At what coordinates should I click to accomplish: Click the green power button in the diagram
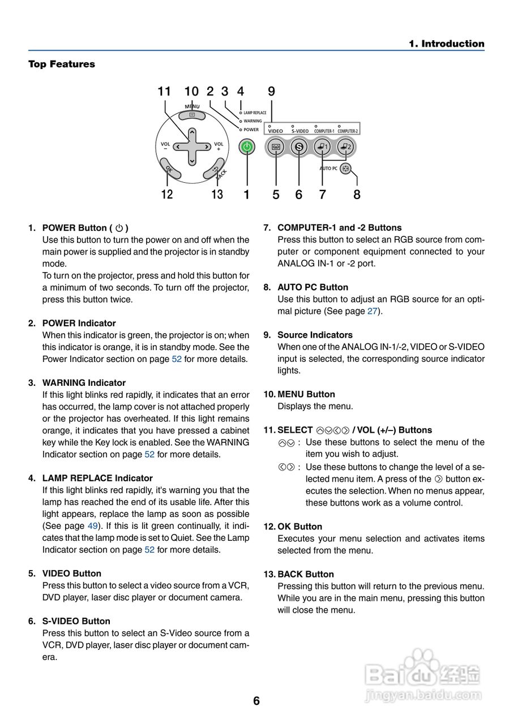pos(246,147)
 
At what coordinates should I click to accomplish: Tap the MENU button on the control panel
pos(192,115)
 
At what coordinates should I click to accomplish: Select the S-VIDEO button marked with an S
pos(299,147)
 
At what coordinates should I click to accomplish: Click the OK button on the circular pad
pos(168,169)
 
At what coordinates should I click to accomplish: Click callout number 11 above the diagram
pos(164,92)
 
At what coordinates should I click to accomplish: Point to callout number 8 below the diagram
pos(357,195)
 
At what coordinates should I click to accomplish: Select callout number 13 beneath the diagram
pos(217,195)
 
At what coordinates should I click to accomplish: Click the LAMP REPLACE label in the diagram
pos(255,113)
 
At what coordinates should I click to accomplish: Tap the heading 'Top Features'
pos(62,64)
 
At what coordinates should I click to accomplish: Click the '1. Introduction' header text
pos(447,44)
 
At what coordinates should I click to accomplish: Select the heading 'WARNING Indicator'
pos(84,383)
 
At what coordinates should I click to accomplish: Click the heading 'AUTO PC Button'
pos(313,287)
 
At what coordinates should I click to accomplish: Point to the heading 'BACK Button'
pos(305,574)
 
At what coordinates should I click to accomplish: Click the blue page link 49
pos(93,526)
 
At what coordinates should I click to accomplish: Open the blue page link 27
pos(372,311)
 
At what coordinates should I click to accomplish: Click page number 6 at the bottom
pos(256,701)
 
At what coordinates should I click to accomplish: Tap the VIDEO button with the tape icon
pos(276,147)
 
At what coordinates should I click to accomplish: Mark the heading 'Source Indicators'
pos(315,335)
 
